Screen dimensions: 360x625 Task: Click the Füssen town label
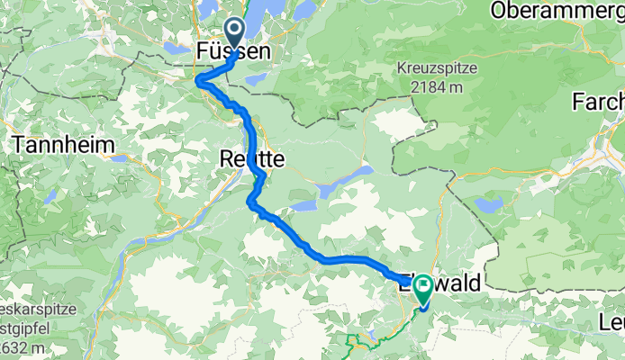(x=232, y=54)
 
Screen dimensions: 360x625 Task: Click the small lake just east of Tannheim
(x=120, y=157)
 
